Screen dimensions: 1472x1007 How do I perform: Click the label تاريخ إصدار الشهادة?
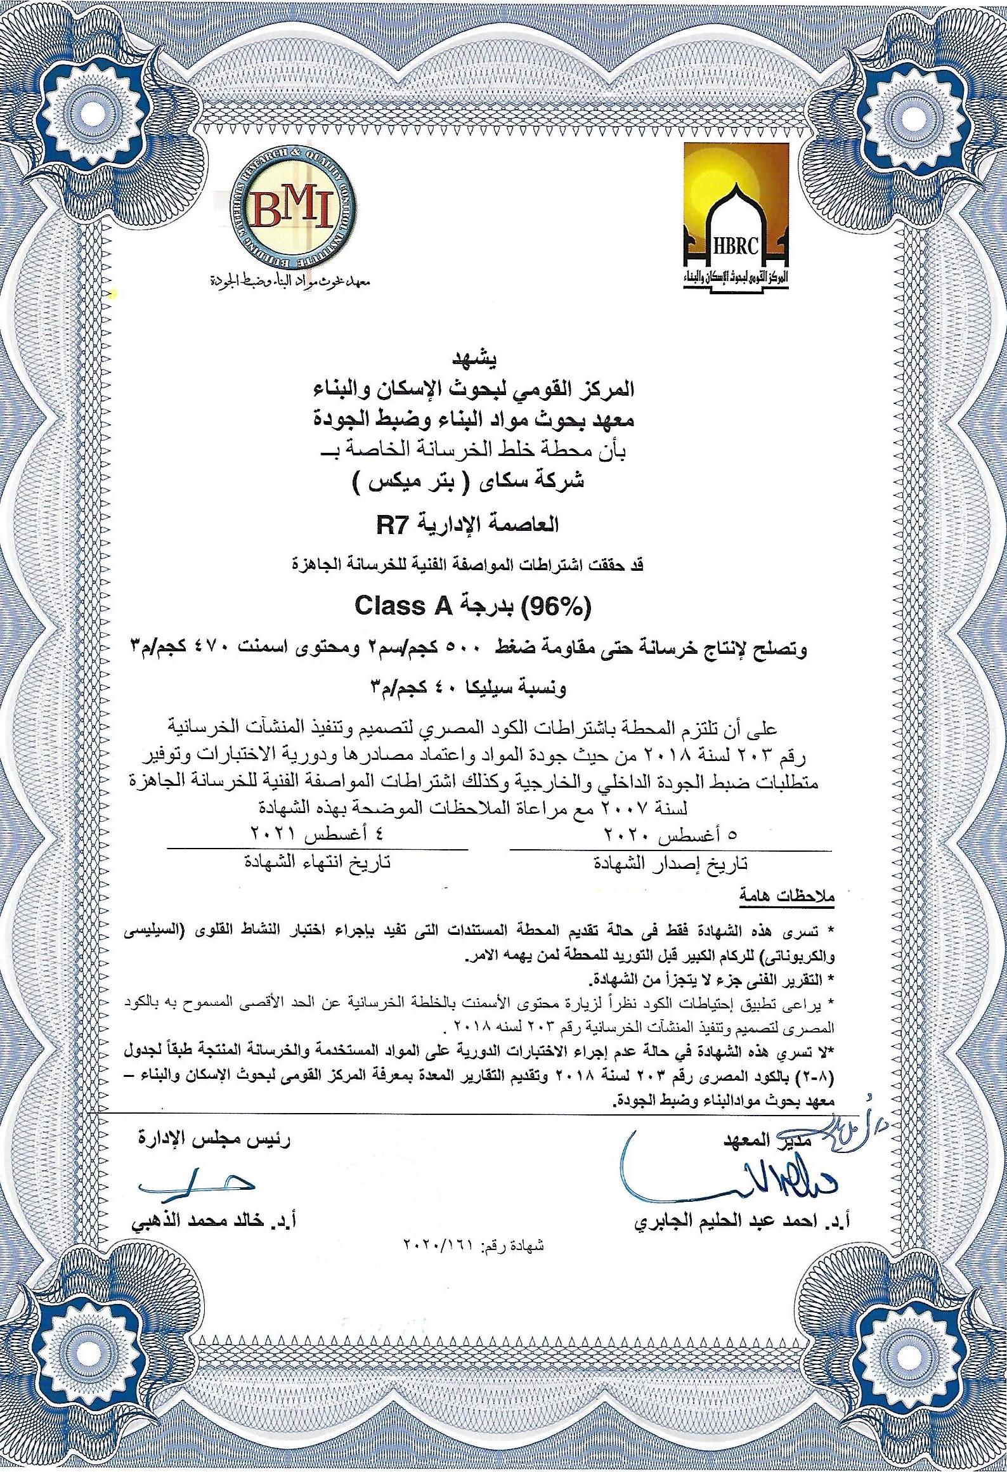tap(670, 863)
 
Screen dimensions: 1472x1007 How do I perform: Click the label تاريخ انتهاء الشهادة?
tap(318, 863)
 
